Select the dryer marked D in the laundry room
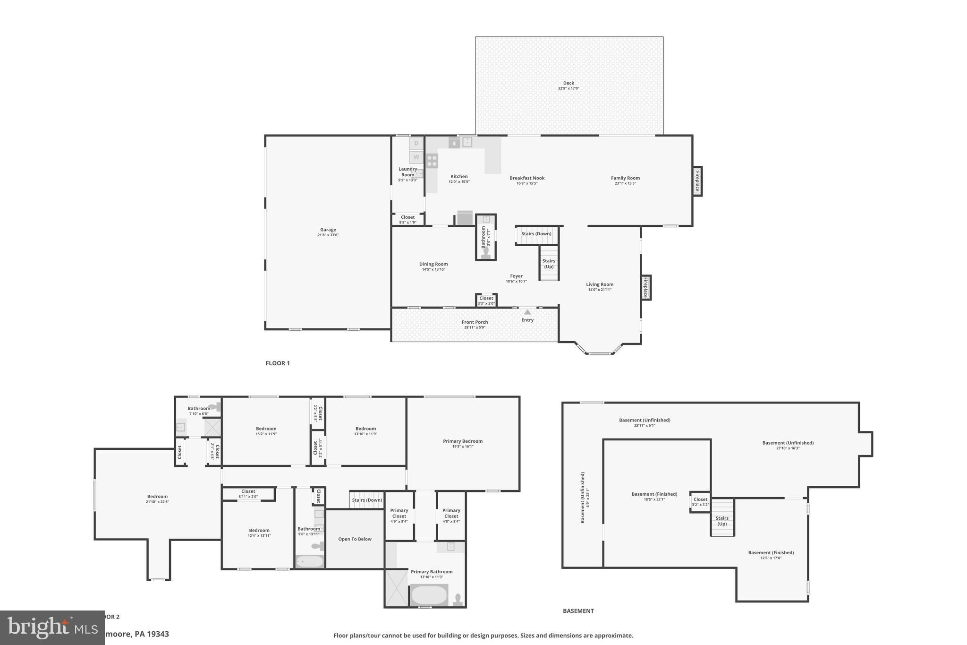click(416, 143)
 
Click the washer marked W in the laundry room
click(416, 157)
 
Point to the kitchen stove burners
click(432, 161)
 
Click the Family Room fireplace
click(697, 181)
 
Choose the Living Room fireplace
click(645, 287)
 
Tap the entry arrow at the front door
click(527, 312)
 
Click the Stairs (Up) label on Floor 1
click(549, 264)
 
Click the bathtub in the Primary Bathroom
click(429, 595)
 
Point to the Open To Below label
click(355, 539)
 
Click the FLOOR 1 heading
click(278, 363)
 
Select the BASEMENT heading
click(578, 611)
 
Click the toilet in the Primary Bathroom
click(457, 600)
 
